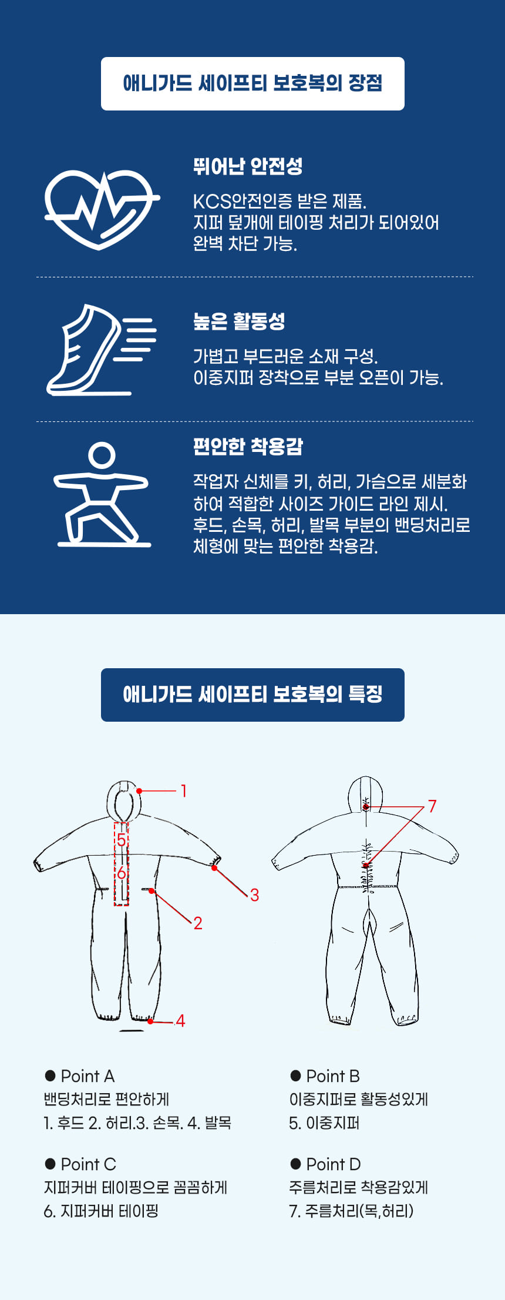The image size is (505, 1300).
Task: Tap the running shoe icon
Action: pyautogui.click(x=101, y=349)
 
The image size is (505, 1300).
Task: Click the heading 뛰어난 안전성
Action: pyautogui.click(x=248, y=166)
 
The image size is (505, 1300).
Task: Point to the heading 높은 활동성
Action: pyautogui.click(x=239, y=321)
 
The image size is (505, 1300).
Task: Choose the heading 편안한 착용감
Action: pyautogui.click(x=248, y=447)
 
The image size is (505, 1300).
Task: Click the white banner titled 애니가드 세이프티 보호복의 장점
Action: pyautogui.click(x=253, y=83)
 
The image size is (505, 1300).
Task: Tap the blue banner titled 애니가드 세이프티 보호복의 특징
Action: pyautogui.click(x=253, y=695)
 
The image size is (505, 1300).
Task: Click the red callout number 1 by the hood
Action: pyautogui.click(x=184, y=790)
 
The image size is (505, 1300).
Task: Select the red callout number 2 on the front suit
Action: pyautogui.click(x=198, y=923)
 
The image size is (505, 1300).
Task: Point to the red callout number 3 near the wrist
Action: pyautogui.click(x=254, y=895)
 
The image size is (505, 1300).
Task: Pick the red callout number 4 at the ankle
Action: pyautogui.click(x=180, y=1021)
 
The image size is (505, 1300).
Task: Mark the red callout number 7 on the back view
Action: pyautogui.click(x=432, y=806)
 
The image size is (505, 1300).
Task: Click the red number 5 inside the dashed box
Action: pyautogui.click(x=121, y=840)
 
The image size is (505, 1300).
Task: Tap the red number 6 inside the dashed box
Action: pyautogui.click(x=121, y=873)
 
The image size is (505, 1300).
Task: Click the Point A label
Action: pyautogui.click(x=87, y=1076)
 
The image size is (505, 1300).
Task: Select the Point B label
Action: pyautogui.click(x=333, y=1076)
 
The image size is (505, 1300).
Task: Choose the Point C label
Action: pyautogui.click(x=89, y=1164)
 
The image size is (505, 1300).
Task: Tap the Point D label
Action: pyautogui.click(x=334, y=1164)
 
